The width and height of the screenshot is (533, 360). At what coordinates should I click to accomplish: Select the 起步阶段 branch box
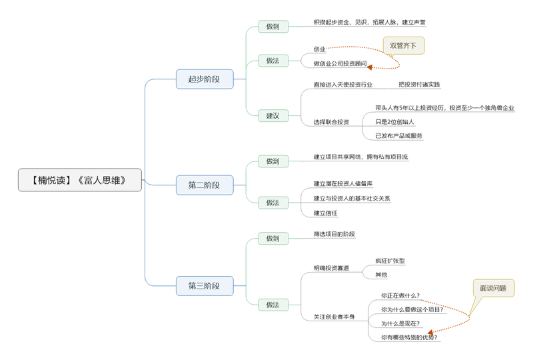pyautogui.click(x=205, y=79)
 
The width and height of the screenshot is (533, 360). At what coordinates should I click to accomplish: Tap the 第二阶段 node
pyautogui.click(x=205, y=185)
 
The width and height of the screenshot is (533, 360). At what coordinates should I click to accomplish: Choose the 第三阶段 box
pyautogui.click(x=205, y=286)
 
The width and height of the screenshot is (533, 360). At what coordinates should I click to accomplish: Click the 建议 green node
pyautogui.click(x=273, y=115)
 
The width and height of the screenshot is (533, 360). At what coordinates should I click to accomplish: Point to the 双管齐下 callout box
pyautogui.click(x=404, y=46)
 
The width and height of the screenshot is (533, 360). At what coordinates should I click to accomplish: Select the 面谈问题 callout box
pyautogui.click(x=493, y=289)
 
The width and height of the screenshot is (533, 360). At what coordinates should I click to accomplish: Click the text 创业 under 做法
pyautogui.click(x=320, y=49)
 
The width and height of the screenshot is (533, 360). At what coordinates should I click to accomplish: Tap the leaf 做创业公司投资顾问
pyautogui.click(x=340, y=64)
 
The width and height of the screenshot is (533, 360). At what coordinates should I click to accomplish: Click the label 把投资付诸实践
pyautogui.click(x=419, y=85)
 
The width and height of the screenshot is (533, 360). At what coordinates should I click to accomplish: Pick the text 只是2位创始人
pyautogui.click(x=395, y=122)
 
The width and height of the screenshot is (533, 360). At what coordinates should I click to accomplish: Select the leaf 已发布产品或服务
pyautogui.click(x=399, y=136)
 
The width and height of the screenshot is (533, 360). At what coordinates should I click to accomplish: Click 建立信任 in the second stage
pyautogui.click(x=326, y=213)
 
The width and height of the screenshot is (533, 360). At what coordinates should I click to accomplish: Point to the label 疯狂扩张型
pyautogui.click(x=390, y=261)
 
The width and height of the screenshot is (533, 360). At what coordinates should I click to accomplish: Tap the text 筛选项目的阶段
pyautogui.click(x=334, y=234)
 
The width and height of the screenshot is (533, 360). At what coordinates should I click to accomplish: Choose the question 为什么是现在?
pyautogui.click(x=400, y=323)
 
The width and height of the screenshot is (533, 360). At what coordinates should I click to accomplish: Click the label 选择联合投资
pyautogui.click(x=331, y=122)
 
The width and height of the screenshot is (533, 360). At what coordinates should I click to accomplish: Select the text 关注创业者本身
pyautogui.click(x=334, y=317)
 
